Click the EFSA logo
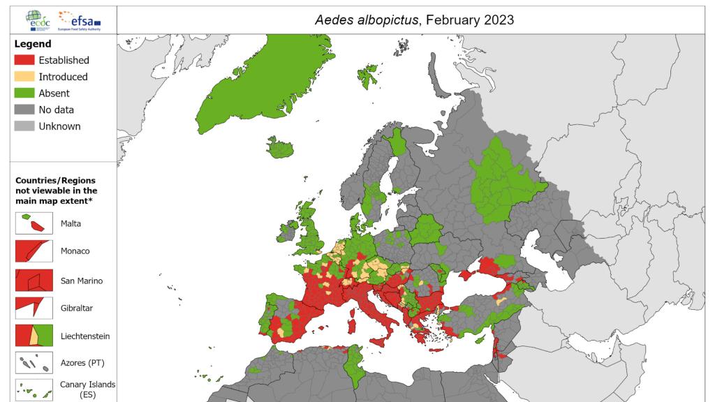click(80, 20)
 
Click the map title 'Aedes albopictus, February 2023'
click(415, 20)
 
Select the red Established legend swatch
click(24, 60)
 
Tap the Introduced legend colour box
click(24, 77)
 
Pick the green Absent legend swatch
click(24, 94)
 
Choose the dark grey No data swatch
click(24, 110)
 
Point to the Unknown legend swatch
click(24, 126)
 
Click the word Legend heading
click(33, 44)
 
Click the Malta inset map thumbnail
click(33, 223)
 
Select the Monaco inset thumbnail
click(33, 251)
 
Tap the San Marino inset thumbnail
click(33, 280)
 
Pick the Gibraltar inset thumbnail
click(33, 308)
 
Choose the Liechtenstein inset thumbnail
click(33, 336)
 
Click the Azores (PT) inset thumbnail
click(33, 364)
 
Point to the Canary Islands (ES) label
click(87, 389)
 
